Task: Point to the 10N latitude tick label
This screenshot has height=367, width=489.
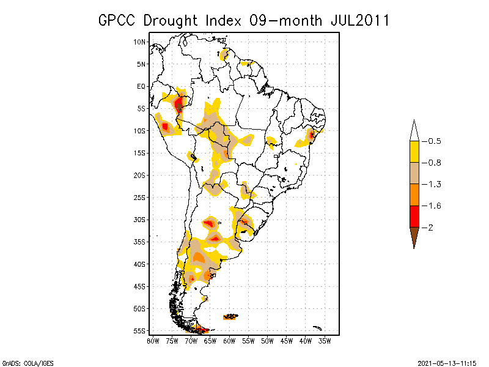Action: tap(140, 42)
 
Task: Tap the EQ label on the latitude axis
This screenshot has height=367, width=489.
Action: tap(141, 86)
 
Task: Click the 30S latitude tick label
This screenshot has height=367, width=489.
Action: tap(140, 220)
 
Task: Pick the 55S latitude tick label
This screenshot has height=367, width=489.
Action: tap(140, 331)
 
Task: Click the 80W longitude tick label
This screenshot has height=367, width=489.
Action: tap(153, 340)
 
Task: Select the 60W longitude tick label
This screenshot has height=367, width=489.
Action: tap(229, 340)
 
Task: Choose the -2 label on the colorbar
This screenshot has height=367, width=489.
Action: tap(430, 228)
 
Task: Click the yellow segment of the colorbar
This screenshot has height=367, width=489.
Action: tap(414, 152)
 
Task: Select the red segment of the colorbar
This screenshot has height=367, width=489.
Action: tap(414, 217)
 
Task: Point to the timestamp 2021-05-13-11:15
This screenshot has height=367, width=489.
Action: tap(447, 362)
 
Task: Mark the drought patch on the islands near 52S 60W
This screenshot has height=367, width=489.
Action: tap(230, 317)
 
